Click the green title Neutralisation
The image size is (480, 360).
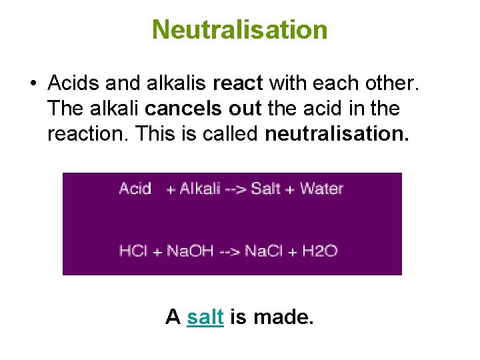pos(239,29)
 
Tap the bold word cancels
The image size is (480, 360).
pos(175,109)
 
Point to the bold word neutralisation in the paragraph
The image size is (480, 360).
pos(337,134)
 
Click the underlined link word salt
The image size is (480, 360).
pos(205,317)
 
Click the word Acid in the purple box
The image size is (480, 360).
pos(135,189)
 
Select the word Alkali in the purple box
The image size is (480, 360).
pos(200,189)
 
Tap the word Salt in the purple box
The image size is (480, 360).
pos(266,189)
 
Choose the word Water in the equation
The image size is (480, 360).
pos(321,189)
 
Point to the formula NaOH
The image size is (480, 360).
pos(189,251)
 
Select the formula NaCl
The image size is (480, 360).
pos(263,251)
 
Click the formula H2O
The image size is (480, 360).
pos(320,251)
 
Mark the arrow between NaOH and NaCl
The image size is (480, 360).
pos(229,252)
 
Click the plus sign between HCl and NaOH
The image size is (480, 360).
pos(158,253)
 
